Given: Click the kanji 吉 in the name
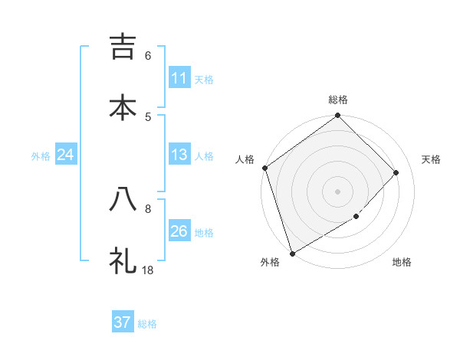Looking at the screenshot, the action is click(123, 47).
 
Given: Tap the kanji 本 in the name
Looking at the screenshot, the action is click(123, 106).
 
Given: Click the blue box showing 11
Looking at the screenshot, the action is click(179, 78).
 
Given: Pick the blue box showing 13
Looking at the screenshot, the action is click(179, 155).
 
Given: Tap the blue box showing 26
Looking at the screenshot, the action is click(179, 232).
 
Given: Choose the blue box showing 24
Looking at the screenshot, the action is click(65, 155).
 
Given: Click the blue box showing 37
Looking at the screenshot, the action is click(122, 322).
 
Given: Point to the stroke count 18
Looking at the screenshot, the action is click(148, 270).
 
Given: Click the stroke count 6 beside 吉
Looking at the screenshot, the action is click(148, 56).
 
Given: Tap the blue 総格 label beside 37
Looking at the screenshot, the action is click(147, 324).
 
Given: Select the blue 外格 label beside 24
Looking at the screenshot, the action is click(41, 156).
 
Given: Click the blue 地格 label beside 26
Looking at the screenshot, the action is click(205, 233).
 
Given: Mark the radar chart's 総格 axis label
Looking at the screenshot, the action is click(338, 100).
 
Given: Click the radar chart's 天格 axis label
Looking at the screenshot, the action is click(432, 159).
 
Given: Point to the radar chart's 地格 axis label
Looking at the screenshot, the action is click(402, 262).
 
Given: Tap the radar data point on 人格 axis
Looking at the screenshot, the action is click(264, 168).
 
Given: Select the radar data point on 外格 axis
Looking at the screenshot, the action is click(292, 253).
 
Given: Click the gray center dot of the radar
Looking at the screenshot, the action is click(338, 191).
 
